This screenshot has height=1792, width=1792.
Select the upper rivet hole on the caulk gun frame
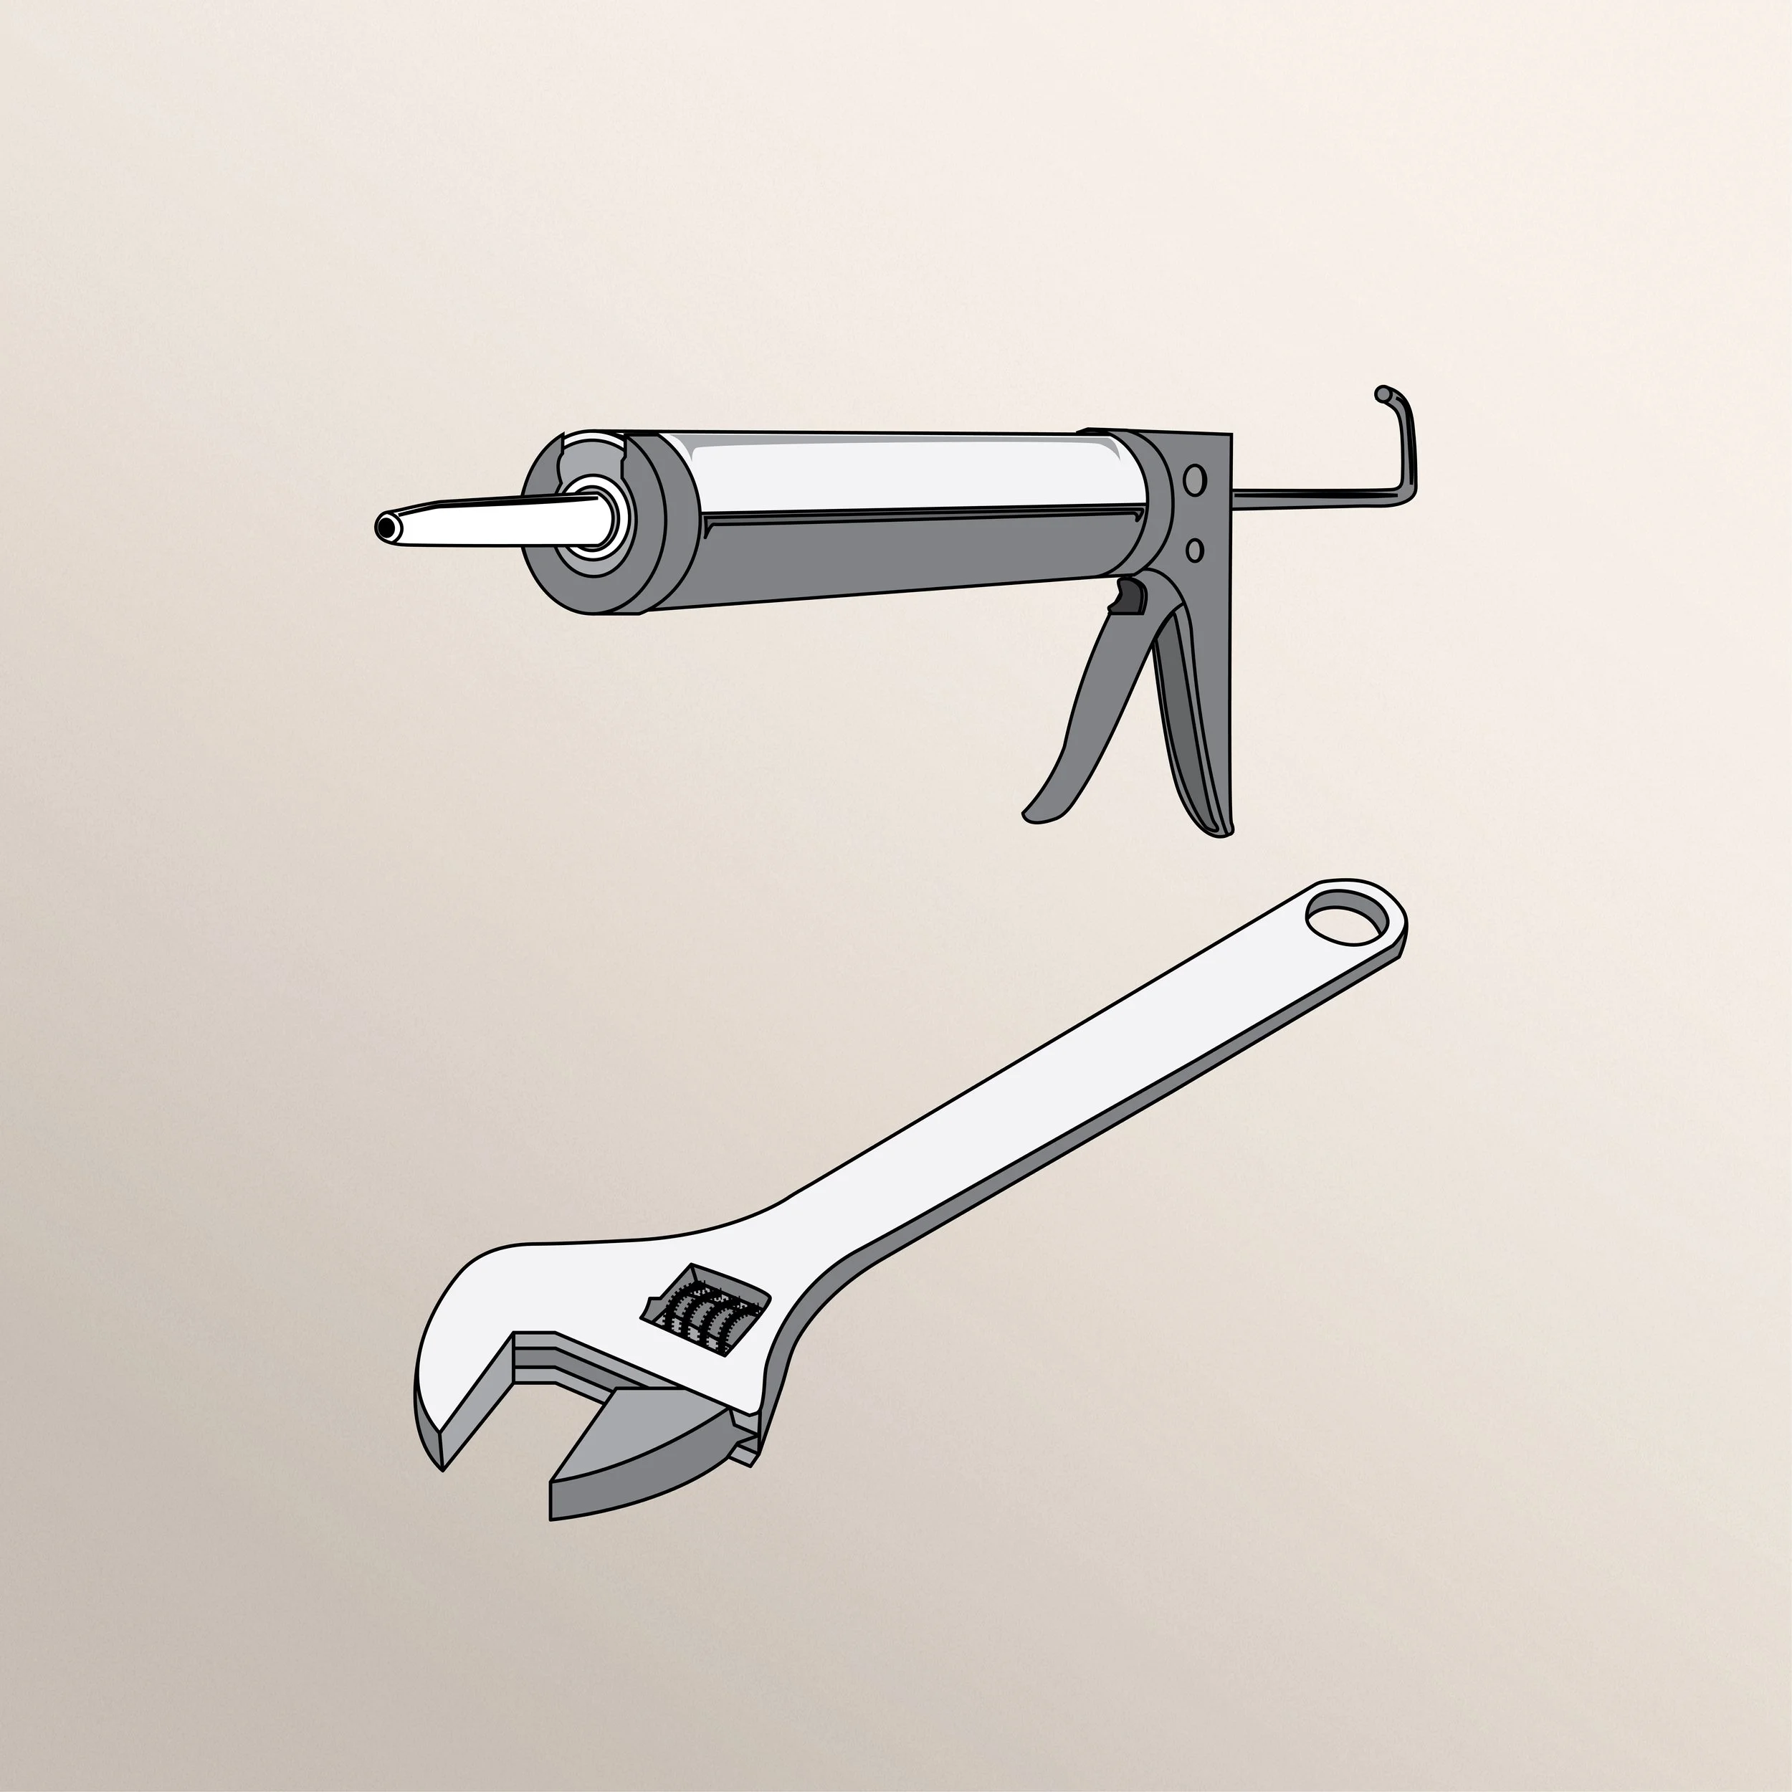[1196, 480]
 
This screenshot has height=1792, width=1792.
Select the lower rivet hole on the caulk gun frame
[1196, 550]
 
